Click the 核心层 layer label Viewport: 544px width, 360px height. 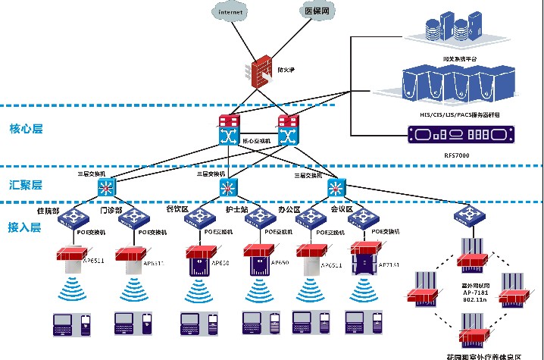click(x=26, y=129)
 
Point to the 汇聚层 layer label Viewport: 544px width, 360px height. click(x=26, y=184)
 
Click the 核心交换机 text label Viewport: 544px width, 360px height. click(x=257, y=141)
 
